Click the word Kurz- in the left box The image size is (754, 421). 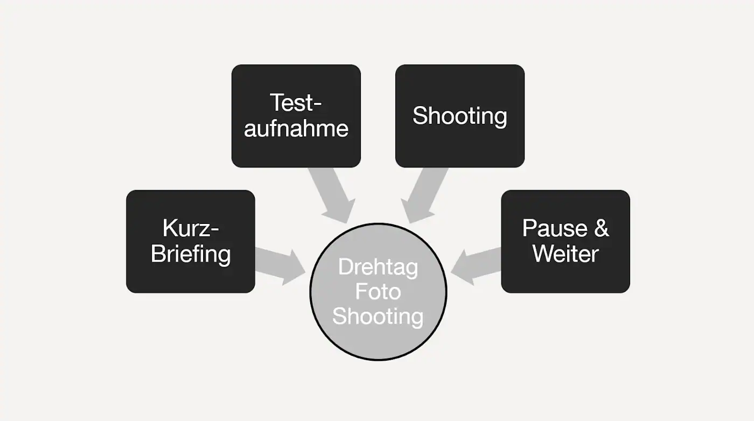click(191, 228)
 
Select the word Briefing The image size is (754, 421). click(191, 254)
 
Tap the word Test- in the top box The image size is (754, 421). click(296, 103)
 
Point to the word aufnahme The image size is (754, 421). click(296, 129)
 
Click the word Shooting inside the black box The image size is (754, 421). click(459, 116)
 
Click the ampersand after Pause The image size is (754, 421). click(601, 228)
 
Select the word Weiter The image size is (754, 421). click(565, 254)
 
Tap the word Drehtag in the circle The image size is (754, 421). click(378, 267)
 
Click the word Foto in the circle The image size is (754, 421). click(378, 291)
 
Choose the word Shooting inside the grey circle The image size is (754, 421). click(378, 316)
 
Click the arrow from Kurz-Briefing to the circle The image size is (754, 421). click(280, 265)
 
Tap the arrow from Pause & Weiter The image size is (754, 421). click(477, 265)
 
